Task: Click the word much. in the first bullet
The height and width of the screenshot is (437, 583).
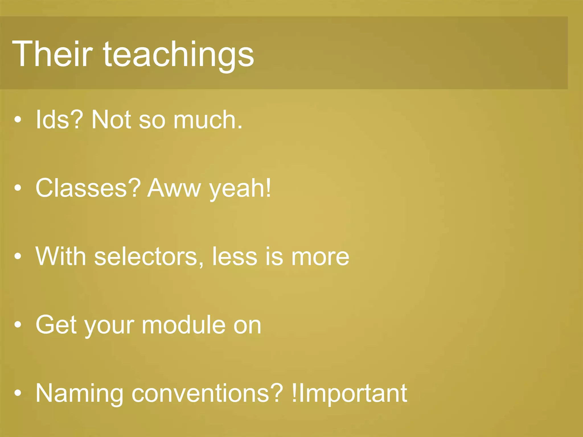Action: [208, 120]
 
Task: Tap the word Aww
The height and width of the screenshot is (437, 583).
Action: [174, 188]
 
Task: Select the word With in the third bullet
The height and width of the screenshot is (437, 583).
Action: [61, 256]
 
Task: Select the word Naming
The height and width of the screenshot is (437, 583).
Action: [79, 393]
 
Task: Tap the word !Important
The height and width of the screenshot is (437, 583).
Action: [350, 393]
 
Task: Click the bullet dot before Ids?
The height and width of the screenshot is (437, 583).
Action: [18, 120]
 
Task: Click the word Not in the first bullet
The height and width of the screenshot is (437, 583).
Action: [111, 120]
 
